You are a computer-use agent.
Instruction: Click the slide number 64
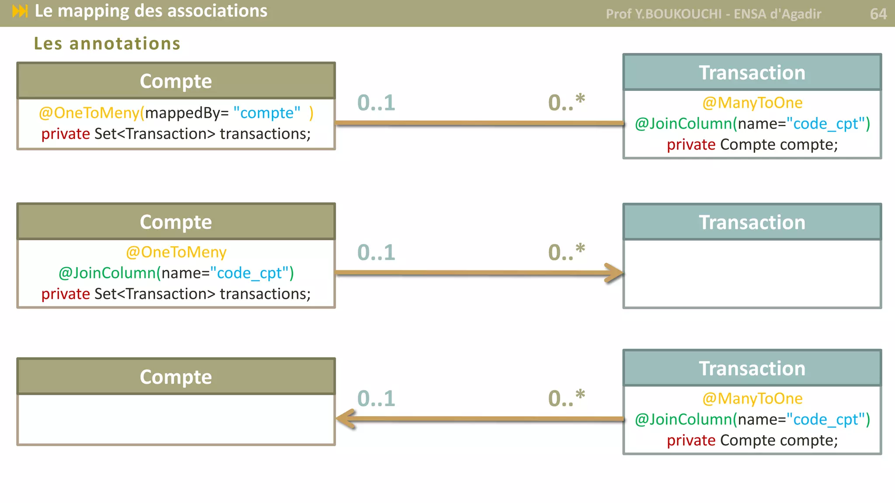[x=878, y=14]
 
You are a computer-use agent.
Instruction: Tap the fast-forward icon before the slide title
[x=20, y=11]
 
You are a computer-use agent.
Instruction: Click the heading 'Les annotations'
[x=107, y=44]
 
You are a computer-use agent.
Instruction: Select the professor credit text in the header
[x=713, y=14]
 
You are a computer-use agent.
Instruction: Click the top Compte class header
[x=176, y=81]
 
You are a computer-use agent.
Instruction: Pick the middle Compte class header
[x=176, y=222]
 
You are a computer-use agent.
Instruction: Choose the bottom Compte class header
[x=176, y=377]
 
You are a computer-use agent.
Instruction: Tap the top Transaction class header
[x=752, y=72]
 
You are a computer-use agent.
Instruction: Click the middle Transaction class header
[x=752, y=222]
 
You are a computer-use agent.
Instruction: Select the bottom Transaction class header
[x=752, y=369]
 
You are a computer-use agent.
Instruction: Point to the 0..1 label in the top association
[x=376, y=103]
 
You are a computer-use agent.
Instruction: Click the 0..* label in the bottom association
[x=566, y=398]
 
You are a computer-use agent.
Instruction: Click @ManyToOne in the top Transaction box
[x=752, y=103]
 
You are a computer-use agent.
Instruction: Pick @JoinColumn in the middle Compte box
[x=107, y=273]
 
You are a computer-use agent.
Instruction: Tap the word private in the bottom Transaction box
[x=691, y=440]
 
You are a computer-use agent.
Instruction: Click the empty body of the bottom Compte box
[x=176, y=419]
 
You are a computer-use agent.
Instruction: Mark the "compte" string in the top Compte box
[x=267, y=113]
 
